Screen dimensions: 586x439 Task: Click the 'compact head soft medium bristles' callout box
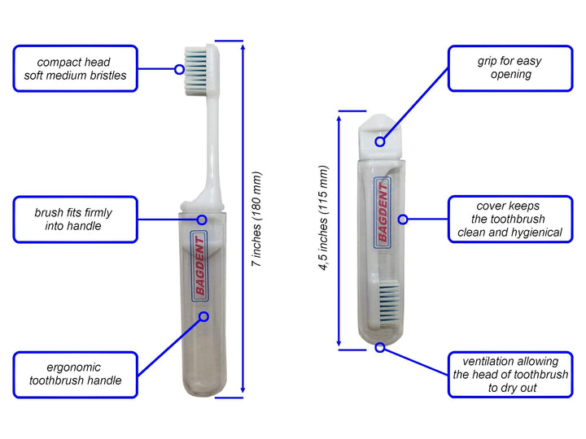click(76, 68)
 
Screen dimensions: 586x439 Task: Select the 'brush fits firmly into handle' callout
click(76, 219)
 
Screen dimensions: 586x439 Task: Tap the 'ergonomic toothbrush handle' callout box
click(76, 375)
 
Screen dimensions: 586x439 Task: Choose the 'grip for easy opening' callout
click(510, 68)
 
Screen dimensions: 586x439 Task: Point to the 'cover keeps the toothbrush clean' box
click(510, 219)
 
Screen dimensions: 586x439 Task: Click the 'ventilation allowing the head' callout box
click(510, 375)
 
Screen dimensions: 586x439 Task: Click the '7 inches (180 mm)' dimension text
click(256, 219)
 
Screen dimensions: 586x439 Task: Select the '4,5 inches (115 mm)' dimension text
click(324, 218)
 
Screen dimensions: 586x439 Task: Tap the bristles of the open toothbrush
click(195, 71)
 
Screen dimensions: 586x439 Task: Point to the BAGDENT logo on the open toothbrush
click(200, 266)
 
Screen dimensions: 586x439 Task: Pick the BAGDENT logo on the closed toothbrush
click(383, 213)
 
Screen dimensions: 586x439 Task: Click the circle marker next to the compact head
click(179, 69)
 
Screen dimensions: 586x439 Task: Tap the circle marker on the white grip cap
click(380, 141)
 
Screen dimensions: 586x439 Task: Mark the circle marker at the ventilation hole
click(380, 348)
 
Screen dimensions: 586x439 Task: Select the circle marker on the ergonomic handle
click(203, 317)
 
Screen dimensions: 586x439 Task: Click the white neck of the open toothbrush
click(212, 146)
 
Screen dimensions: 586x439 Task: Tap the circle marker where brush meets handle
click(202, 219)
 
